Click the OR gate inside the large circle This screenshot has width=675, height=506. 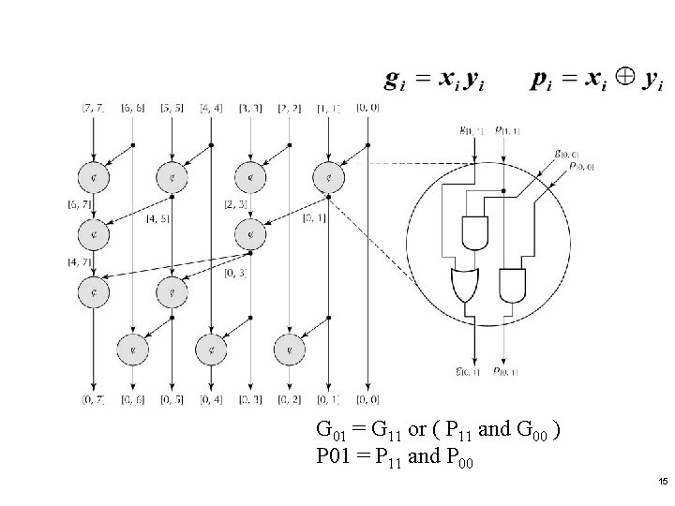click(x=465, y=285)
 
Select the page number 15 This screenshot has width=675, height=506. click(x=663, y=481)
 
